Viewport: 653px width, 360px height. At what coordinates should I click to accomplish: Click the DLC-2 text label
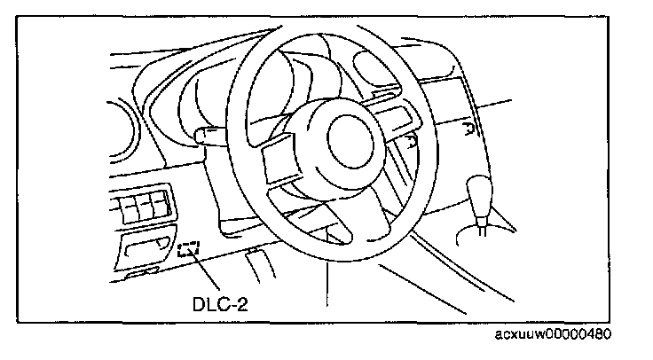[220, 304]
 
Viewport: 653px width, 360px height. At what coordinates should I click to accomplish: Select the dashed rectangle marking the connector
[188, 249]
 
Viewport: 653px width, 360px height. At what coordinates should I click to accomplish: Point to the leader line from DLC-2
[206, 271]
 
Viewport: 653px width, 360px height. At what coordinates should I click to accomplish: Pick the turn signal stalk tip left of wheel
[203, 136]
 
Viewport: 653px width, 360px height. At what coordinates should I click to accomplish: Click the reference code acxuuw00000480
[553, 333]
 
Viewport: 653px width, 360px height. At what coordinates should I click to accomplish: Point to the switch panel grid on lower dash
[141, 206]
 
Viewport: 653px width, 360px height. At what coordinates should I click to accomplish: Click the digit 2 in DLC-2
[241, 304]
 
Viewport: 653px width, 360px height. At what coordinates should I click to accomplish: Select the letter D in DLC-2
[199, 304]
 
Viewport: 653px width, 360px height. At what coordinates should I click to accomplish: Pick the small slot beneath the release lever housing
[140, 273]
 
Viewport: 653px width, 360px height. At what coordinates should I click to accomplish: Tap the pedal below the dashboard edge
[261, 265]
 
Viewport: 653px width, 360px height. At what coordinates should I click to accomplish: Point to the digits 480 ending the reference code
[599, 333]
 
